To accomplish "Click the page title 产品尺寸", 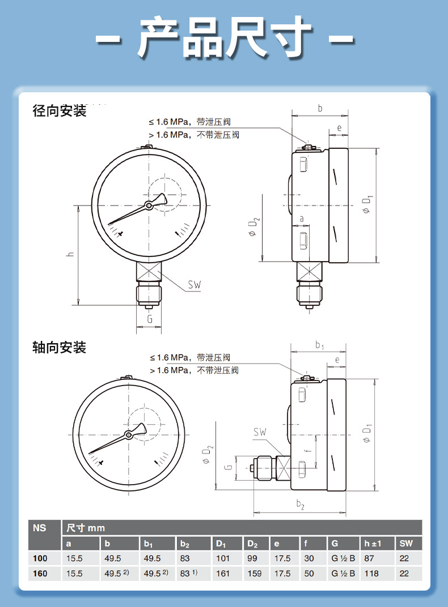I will [225, 38].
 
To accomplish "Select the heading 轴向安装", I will [60, 347].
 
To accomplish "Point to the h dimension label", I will [70, 254].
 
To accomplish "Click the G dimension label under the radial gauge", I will [150, 319].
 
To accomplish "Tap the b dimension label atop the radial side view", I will [320, 108].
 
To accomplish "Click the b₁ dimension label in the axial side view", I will [319, 345].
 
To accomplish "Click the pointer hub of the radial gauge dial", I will [149, 206].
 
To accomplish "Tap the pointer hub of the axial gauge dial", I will [129, 435].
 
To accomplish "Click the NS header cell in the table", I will [39, 528].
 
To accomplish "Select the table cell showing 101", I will [223, 558].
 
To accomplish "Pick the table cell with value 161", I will [223, 574].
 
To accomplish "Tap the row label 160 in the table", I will [40, 574].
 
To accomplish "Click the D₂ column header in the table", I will [252, 544].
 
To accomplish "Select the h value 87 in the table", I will [369, 558].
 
